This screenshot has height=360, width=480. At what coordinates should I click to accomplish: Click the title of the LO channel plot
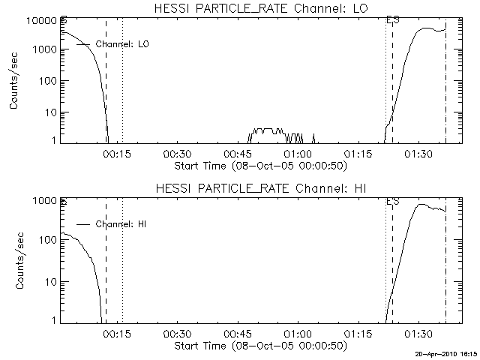pos(259,8)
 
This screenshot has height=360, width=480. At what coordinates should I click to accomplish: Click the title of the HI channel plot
pos(259,188)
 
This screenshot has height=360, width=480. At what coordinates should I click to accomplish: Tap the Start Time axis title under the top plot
pos(259,165)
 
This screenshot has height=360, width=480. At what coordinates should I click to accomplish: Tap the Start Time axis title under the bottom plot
pos(259,346)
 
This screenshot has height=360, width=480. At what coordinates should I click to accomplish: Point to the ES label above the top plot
pos(391,19)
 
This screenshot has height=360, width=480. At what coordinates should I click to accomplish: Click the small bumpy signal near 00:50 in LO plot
pos(266,131)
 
